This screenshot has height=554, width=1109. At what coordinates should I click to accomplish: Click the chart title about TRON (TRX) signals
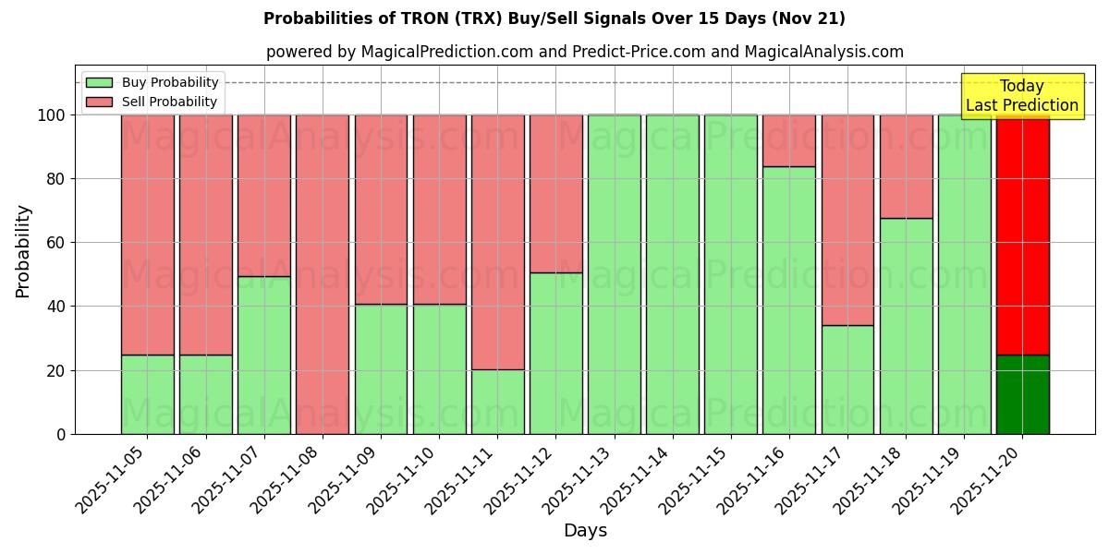[554, 18]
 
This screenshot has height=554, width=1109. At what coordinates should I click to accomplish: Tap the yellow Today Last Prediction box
[1021, 96]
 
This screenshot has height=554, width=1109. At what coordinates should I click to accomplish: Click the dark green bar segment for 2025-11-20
[1022, 394]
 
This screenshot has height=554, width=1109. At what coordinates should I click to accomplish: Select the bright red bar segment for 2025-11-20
[1022, 235]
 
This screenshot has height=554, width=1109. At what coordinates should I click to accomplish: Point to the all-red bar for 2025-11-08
[322, 274]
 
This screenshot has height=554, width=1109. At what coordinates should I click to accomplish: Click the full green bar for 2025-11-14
[672, 274]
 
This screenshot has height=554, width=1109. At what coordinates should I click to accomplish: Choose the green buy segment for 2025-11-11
[497, 402]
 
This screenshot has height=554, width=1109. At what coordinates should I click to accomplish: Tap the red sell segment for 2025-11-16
[789, 140]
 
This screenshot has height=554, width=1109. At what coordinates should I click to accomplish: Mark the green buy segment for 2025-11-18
[906, 326]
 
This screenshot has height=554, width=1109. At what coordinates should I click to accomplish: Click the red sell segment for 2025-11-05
[147, 235]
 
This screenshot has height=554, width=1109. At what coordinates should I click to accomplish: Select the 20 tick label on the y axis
[56, 370]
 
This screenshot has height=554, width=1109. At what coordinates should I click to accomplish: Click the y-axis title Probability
[23, 250]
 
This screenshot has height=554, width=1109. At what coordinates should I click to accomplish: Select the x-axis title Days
[585, 531]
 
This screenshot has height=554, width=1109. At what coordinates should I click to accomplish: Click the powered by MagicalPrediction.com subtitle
[584, 52]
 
